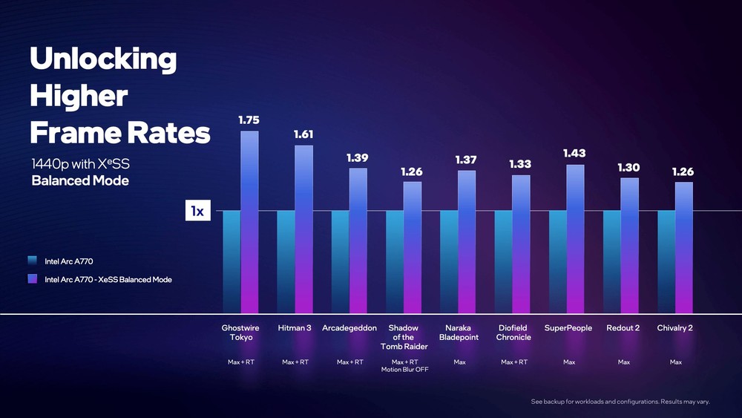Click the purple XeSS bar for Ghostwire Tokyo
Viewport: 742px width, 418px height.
tap(249, 223)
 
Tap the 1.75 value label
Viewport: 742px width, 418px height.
tap(249, 120)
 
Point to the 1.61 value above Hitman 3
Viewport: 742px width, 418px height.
tap(304, 134)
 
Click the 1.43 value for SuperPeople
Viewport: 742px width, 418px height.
tap(574, 153)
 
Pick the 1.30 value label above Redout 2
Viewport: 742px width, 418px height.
tap(628, 168)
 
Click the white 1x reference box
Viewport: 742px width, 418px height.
tap(197, 212)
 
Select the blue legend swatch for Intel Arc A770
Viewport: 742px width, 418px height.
tap(32, 261)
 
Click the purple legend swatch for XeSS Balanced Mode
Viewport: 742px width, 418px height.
tap(32, 279)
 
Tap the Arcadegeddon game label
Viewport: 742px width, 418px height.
tap(349, 328)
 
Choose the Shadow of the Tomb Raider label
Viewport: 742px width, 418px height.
tap(404, 337)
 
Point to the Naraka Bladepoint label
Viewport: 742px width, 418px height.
tap(459, 333)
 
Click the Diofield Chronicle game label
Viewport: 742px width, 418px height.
tap(513, 333)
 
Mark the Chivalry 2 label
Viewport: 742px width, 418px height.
tap(675, 328)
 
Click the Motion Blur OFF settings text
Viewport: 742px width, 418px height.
tap(404, 370)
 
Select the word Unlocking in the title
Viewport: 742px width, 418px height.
tap(103, 59)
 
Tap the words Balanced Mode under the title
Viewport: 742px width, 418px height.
tap(80, 181)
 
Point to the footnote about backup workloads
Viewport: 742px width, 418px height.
tap(620, 402)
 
